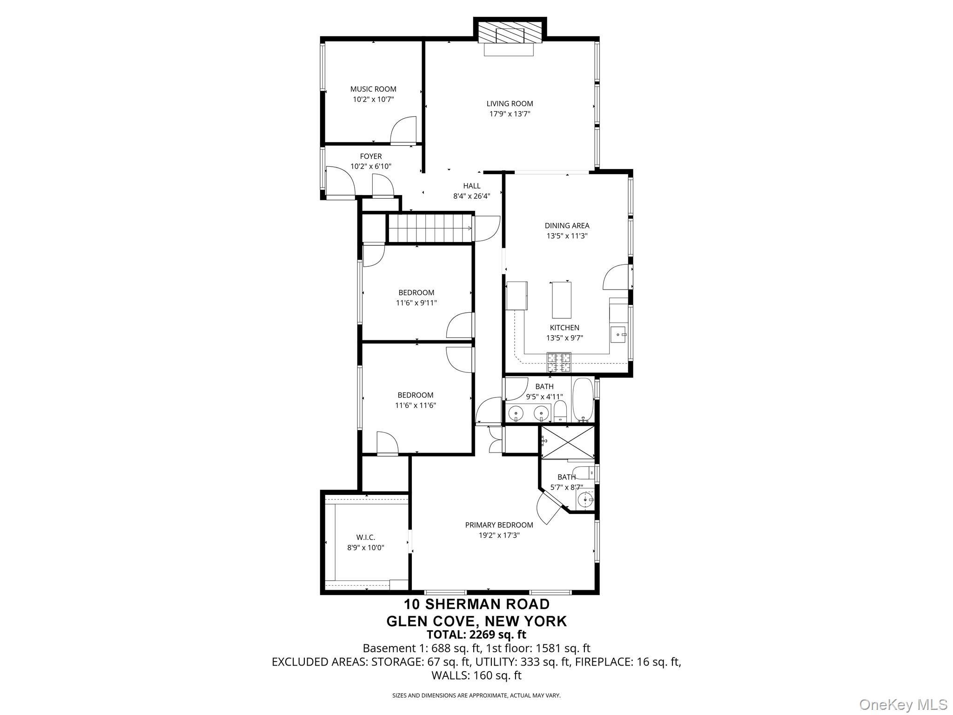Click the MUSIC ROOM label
pos(373,89)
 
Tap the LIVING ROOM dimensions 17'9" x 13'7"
pos(510,114)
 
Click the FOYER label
pos(371,156)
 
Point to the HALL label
pos(472,186)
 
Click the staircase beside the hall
pos(430,228)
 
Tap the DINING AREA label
pos(567,226)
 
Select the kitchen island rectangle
pos(562,300)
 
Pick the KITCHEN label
pos(564,328)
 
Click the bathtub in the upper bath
pos(583,399)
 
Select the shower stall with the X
pos(567,442)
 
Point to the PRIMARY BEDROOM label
pos(499,525)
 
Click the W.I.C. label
pos(366,538)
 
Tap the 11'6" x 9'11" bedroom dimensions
pos(416,303)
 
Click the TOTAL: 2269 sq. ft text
pos(476,634)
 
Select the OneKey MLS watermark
pos(903,704)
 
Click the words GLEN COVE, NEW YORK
pos(476,621)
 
